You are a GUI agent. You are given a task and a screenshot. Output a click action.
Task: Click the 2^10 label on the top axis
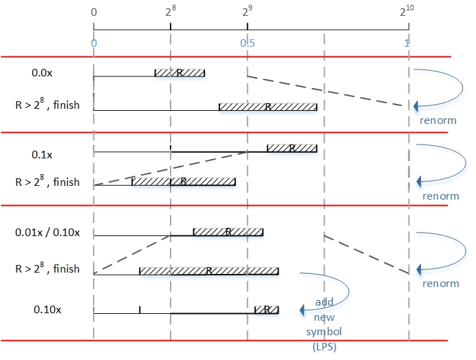click(407, 12)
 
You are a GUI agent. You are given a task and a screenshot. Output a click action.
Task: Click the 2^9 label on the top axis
click(247, 12)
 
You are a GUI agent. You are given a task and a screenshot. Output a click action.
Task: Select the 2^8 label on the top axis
click(171, 12)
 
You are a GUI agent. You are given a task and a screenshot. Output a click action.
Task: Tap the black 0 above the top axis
click(94, 12)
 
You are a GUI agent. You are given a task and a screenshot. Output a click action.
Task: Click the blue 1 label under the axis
click(407, 43)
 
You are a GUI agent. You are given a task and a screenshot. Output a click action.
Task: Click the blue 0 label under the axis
click(94, 43)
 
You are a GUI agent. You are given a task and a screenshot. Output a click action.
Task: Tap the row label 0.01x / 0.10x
click(47, 232)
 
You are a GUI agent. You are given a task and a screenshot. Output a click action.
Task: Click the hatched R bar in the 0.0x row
click(180, 72)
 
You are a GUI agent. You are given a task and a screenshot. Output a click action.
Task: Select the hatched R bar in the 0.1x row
click(292, 148)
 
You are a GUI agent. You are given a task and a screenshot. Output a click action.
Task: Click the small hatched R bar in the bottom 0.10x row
click(266, 310)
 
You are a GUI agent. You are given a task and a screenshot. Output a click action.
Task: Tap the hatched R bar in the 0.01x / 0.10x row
click(228, 231)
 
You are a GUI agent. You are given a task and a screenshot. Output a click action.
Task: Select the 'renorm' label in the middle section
click(440, 196)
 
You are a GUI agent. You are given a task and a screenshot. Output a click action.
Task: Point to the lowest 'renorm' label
click(440, 284)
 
